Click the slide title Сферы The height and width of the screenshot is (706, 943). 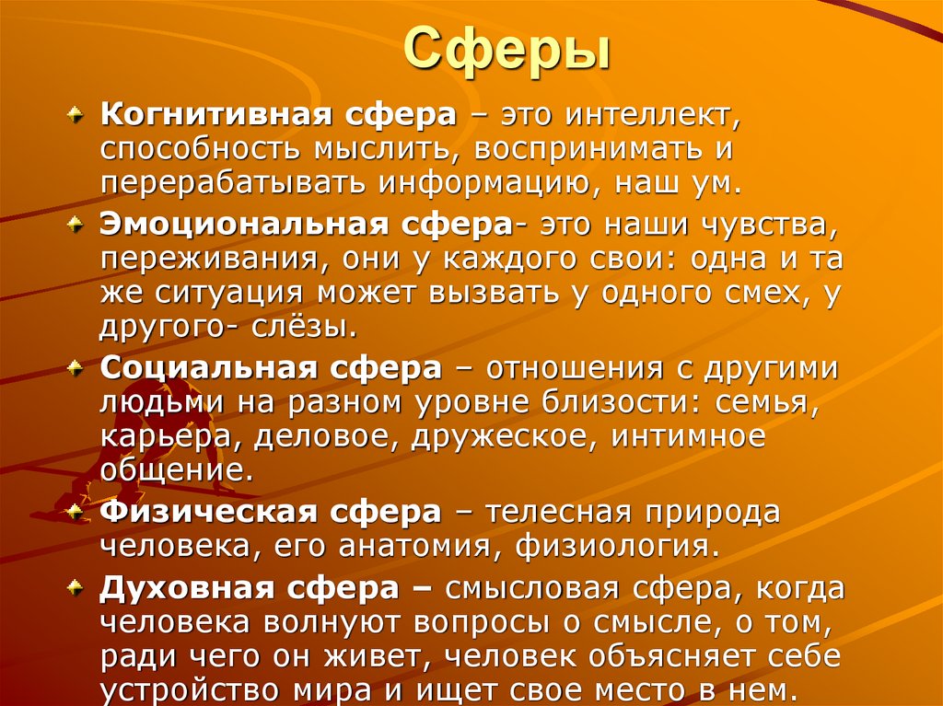pyautogui.click(x=508, y=51)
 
